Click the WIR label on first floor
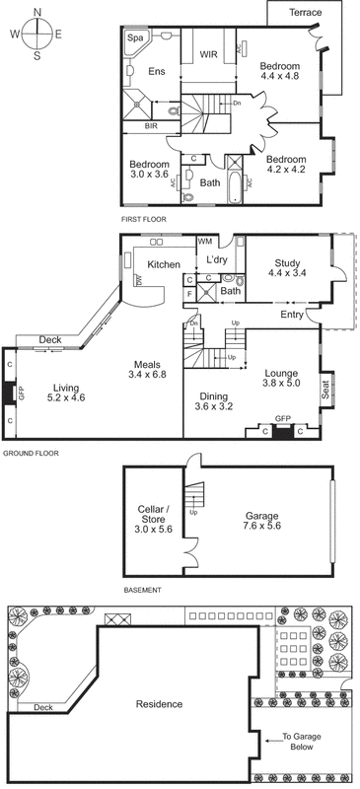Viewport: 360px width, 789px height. click(x=208, y=55)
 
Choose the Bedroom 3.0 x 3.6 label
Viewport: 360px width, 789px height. click(x=149, y=170)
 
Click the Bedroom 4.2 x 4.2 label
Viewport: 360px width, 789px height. click(x=288, y=165)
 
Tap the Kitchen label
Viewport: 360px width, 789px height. click(x=163, y=264)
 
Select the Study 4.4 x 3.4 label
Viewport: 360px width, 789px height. click(x=286, y=268)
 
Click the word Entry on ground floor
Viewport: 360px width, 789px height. click(x=293, y=315)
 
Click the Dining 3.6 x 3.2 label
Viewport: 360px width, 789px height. click(x=215, y=400)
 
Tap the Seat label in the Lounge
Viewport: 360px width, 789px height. click(x=325, y=391)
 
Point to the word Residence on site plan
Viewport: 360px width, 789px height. click(x=159, y=704)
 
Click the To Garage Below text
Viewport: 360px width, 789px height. click(x=306, y=743)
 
